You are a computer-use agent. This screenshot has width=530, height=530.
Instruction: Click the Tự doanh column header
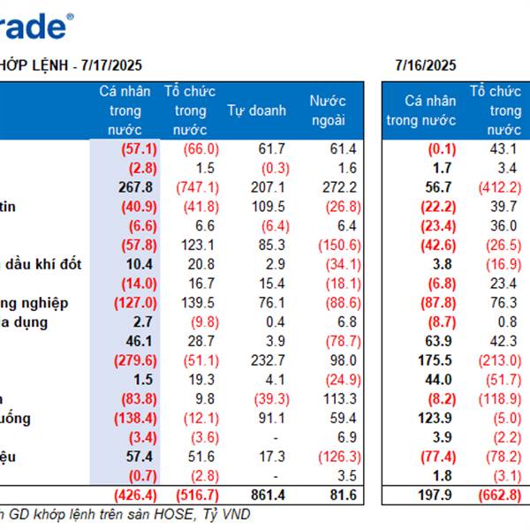coord(256,110)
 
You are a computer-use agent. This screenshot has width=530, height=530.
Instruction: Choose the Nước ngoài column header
coord(328,110)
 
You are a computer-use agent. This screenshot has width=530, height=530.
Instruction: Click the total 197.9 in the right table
coord(436,493)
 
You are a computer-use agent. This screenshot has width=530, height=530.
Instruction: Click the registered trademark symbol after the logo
coord(71,16)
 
